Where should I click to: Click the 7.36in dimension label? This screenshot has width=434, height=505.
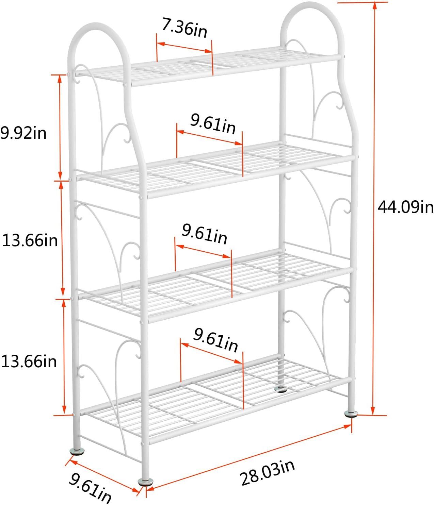[184, 28]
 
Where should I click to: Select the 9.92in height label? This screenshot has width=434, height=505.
[23, 133]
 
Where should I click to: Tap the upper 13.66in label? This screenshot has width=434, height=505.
[30, 240]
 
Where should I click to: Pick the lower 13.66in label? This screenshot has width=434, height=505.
[29, 361]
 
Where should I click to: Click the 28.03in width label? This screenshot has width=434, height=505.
[268, 473]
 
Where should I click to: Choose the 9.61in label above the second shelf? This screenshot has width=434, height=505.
[213, 124]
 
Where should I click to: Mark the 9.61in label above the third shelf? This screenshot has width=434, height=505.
[204, 234]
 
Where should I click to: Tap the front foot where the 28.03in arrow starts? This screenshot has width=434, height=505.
[146, 481]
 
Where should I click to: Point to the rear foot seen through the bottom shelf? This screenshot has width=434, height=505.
[281, 389]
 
